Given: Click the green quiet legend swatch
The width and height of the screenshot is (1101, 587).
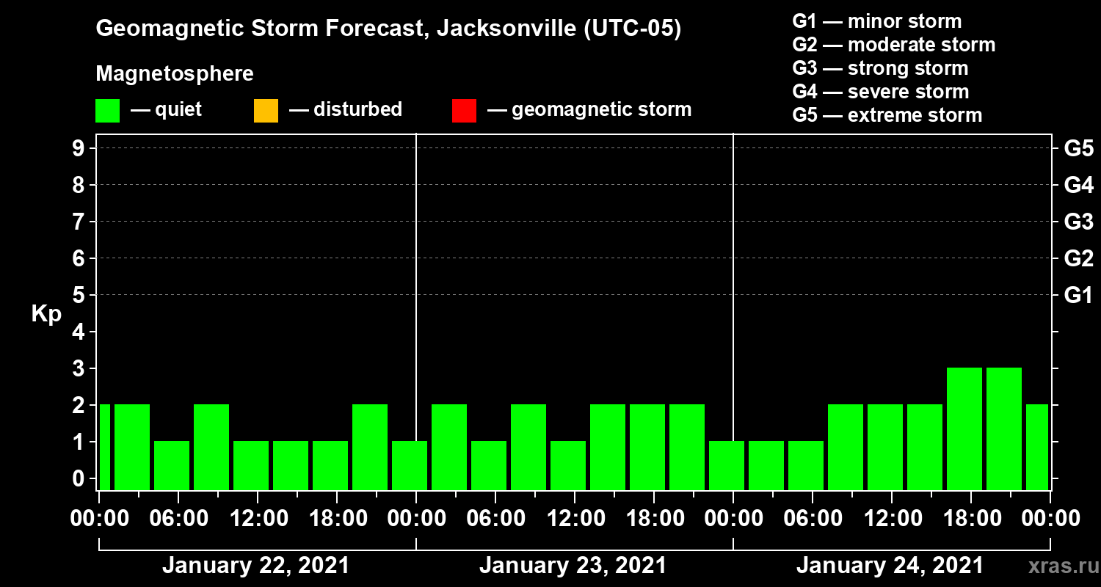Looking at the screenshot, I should coord(107,110).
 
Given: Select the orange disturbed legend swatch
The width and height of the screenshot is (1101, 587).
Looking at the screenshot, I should coord(266,110).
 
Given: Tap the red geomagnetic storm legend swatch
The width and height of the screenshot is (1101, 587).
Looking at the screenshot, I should coord(464,110).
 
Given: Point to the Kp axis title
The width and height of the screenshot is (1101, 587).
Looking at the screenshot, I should coord(46,314).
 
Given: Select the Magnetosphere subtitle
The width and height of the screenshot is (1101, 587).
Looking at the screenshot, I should coord(175,74).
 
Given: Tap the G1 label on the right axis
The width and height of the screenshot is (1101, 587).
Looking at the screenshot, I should coord(1078,296).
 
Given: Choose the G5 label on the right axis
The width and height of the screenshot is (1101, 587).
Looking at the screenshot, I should coord(1078,149).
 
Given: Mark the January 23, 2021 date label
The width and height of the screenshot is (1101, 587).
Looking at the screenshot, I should coord(573,566).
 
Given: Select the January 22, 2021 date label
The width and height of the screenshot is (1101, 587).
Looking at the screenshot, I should coord(256,566).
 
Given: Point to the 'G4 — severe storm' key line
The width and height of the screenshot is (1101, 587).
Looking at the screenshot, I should coord(880,92).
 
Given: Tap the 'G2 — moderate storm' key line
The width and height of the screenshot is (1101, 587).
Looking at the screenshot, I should coord(893,45).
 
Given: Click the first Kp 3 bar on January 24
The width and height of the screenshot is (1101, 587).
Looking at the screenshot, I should coord(964,429).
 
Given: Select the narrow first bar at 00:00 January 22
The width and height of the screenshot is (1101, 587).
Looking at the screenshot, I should coord(104,447).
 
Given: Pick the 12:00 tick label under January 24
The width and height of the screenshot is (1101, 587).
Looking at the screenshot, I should coord(890,519).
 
